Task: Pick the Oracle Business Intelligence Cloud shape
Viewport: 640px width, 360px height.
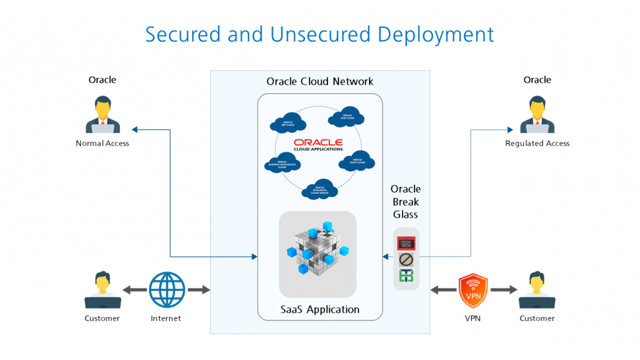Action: (x=282, y=164)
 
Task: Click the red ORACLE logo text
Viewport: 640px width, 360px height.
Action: (x=318, y=142)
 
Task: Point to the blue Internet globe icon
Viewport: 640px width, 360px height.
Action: (x=167, y=290)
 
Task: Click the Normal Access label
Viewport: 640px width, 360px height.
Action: (x=103, y=144)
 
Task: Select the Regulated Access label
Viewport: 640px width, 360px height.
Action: (x=537, y=144)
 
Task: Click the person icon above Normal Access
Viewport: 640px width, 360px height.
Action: (x=103, y=114)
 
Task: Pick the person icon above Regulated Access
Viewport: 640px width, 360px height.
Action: (x=537, y=114)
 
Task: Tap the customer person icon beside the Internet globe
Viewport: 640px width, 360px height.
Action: (x=103, y=290)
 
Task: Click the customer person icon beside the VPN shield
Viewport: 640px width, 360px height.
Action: (x=537, y=290)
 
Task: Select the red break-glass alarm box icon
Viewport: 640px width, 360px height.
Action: (x=406, y=240)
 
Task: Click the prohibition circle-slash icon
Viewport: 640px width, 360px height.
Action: (x=406, y=258)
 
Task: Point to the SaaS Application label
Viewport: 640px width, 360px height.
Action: (x=319, y=309)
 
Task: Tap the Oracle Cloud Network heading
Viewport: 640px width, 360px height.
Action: (x=319, y=81)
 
